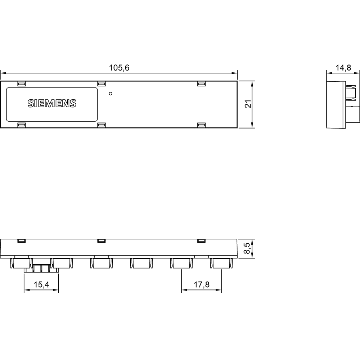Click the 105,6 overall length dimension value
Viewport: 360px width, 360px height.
(119, 68)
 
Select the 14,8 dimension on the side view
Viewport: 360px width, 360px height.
(343, 68)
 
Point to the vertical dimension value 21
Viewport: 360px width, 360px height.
(247, 104)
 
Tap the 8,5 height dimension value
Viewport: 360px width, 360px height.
(247, 248)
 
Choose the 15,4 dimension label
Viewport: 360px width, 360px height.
(41, 285)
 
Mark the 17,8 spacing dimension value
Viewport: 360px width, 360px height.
(201, 285)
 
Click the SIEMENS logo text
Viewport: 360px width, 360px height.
(52, 104)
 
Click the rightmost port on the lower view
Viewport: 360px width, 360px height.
(221, 264)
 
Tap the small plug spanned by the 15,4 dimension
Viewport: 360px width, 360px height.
(42, 268)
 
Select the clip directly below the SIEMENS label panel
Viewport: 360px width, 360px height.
(22, 125)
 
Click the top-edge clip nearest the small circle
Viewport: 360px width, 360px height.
(102, 84)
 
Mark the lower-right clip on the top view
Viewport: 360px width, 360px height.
(201, 125)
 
